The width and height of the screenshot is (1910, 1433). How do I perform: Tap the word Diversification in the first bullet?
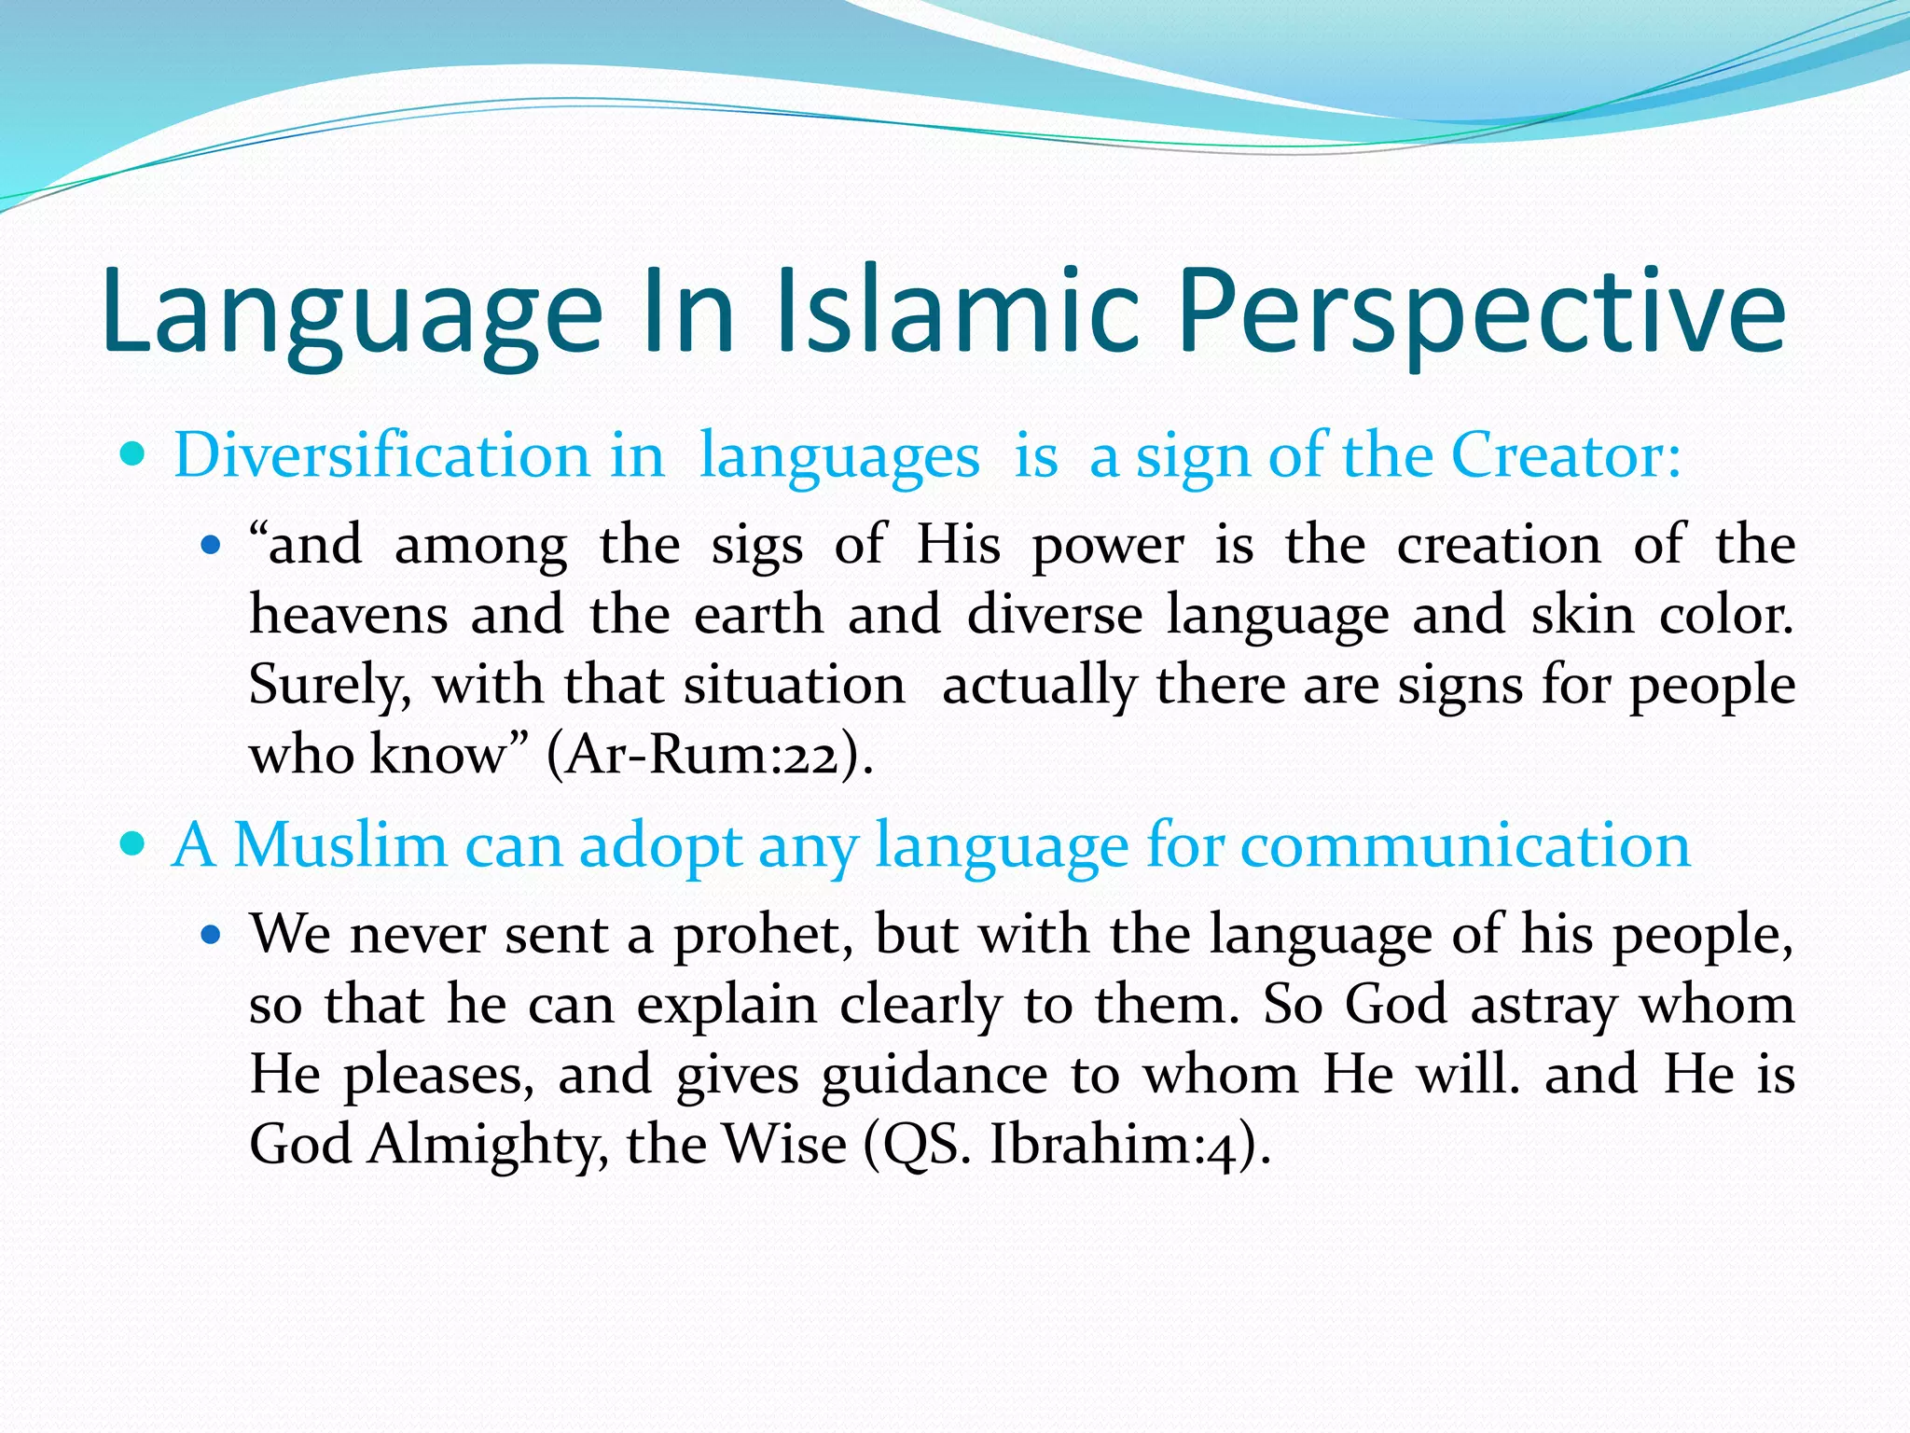(x=381, y=457)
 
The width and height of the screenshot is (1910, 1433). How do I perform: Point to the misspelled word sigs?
(x=756, y=547)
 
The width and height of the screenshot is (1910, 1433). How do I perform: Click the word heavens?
(x=347, y=616)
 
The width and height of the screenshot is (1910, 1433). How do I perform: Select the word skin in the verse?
(x=1583, y=616)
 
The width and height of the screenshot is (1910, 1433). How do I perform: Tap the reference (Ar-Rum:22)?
(x=710, y=755)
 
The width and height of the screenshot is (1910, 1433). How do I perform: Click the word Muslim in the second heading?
(x=340, y=846)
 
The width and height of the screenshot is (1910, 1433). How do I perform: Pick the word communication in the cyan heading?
(x=1465, y=846)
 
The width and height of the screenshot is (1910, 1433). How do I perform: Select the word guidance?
(x=934, y=1076)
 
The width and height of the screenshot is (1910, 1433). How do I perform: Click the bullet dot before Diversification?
(x=134, y=456)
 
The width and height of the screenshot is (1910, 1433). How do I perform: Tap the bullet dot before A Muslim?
(x=134, y=845)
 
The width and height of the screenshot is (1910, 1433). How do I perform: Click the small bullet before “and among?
(x=213, y=545)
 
